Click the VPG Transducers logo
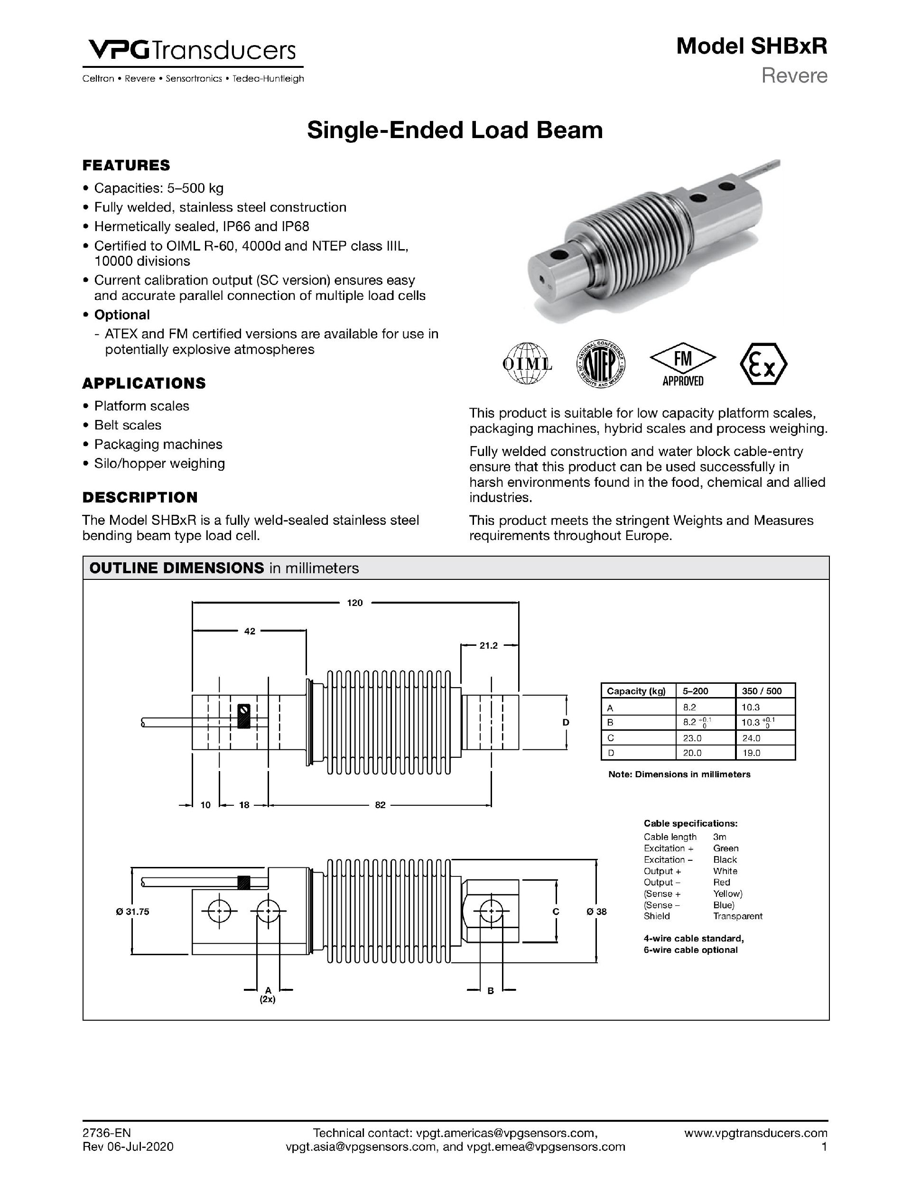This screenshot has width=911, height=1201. pyautogui.click(x=192, y=52)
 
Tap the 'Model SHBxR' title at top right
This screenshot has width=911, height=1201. pyautogui.click(x=752, y=47)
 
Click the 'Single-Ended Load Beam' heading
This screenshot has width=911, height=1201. pyautogui.click(x=455, y=130)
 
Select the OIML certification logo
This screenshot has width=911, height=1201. pyautogui.click(x=527, y=364)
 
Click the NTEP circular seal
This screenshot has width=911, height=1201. pyautogui.click(x=601, y=364)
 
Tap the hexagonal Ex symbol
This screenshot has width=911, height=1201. pyautogui.click(x=763, y=364)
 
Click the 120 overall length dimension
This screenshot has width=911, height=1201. pyautogui.click(x=354, y=603)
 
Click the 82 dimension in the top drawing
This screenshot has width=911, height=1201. pyautogui.click(x=380, y=805)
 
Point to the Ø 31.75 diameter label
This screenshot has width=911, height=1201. pyautogui.click(x=132, y=912)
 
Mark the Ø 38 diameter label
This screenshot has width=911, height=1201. pyautogui.click(x=596, y=912)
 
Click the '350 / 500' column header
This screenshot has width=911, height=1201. pyautogui.click(x=762, y=691)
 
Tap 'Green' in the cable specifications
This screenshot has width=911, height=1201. pyautogui.click(x=725, y=848)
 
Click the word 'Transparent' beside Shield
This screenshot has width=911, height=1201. pyautogui.click(x=737, y=916)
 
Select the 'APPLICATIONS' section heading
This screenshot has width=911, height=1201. pyautogui.click(x=144, y=383)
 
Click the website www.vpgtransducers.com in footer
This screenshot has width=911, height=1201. pyautogui.click(x=756, y=1133)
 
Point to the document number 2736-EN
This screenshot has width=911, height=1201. pyautogui.click(x=106, y=1133)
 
